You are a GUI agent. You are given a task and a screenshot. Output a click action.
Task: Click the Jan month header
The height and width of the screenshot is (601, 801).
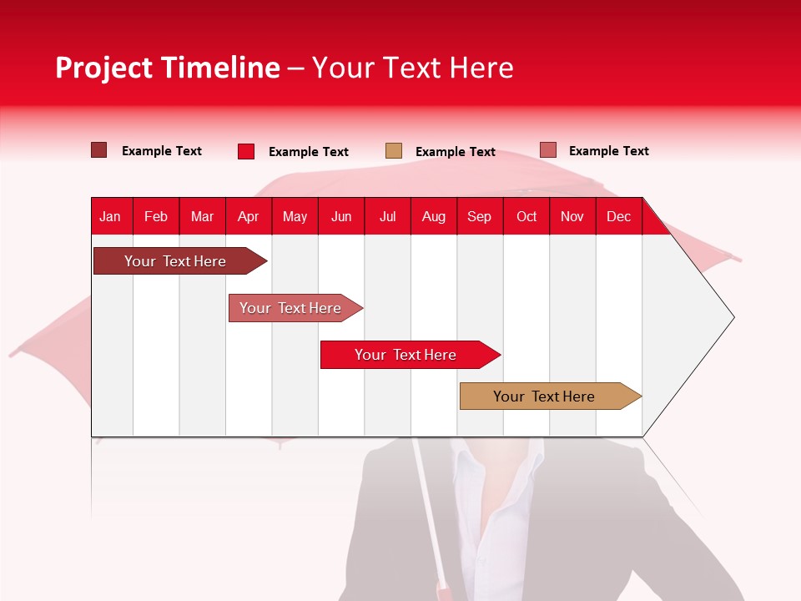pyautogui.click(x=110, y=216)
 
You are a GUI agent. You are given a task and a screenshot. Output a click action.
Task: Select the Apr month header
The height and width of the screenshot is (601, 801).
pyautogui.click(x=248, y=216)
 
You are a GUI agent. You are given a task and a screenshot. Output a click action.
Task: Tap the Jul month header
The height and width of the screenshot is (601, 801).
pyautogui.click(x=387, y=216)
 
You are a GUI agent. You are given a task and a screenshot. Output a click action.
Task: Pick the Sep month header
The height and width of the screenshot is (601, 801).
pyautogui.click(x=479, y=216)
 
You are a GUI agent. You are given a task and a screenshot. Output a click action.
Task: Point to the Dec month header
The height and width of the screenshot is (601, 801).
pyautogui.click(x=618, y=216)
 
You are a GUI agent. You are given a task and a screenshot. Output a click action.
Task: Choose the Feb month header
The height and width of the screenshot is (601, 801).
pyautogui.click(x=156, y=216)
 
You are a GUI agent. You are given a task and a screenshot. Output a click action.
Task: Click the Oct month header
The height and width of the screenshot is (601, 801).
pyautogui.click(x=526, y=216)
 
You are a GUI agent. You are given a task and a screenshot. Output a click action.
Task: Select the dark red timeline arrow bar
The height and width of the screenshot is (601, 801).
pyautogui.click(x=175, y=261)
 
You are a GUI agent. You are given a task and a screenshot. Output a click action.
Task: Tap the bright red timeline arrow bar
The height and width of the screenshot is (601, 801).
pyautogui.click(x=406, y=355)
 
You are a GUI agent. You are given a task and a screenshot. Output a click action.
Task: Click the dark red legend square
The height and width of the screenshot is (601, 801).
pyautogui.click(x=98, y=150)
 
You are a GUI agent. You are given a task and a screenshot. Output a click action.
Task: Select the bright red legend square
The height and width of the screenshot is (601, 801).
pyautogui.click(x=245, y=151)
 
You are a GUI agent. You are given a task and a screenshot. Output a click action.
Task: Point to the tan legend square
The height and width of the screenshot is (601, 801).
pyautogui.click(x=394, y=151)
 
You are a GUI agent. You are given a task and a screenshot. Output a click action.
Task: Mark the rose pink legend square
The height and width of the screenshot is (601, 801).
pyautogui.click(x=547, y=150)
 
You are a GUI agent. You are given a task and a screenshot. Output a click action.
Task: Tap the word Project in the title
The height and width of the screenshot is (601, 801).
pyautogui.click(x=105, y=68)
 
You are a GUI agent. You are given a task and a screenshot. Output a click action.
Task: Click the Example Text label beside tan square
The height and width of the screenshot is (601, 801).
pyautogui.click(x=455, y=152)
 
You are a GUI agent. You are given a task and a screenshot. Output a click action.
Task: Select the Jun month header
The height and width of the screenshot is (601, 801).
pyautogui.click(x=341, y=216)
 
